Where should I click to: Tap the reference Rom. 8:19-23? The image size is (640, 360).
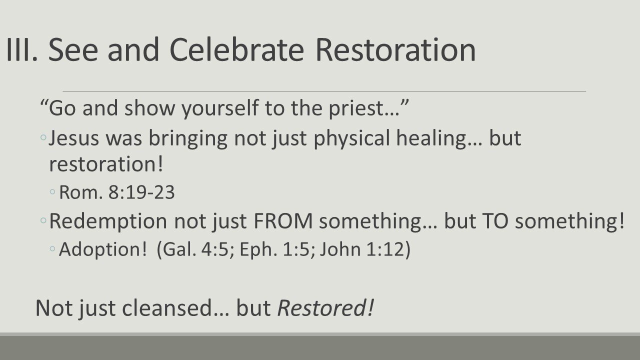pyautogui.click(x=117, y=193)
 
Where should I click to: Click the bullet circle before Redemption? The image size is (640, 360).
pyautogui.click(x=44, y=221)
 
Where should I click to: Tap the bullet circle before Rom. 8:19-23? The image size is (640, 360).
pyautogui.click(x=53, y=193)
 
